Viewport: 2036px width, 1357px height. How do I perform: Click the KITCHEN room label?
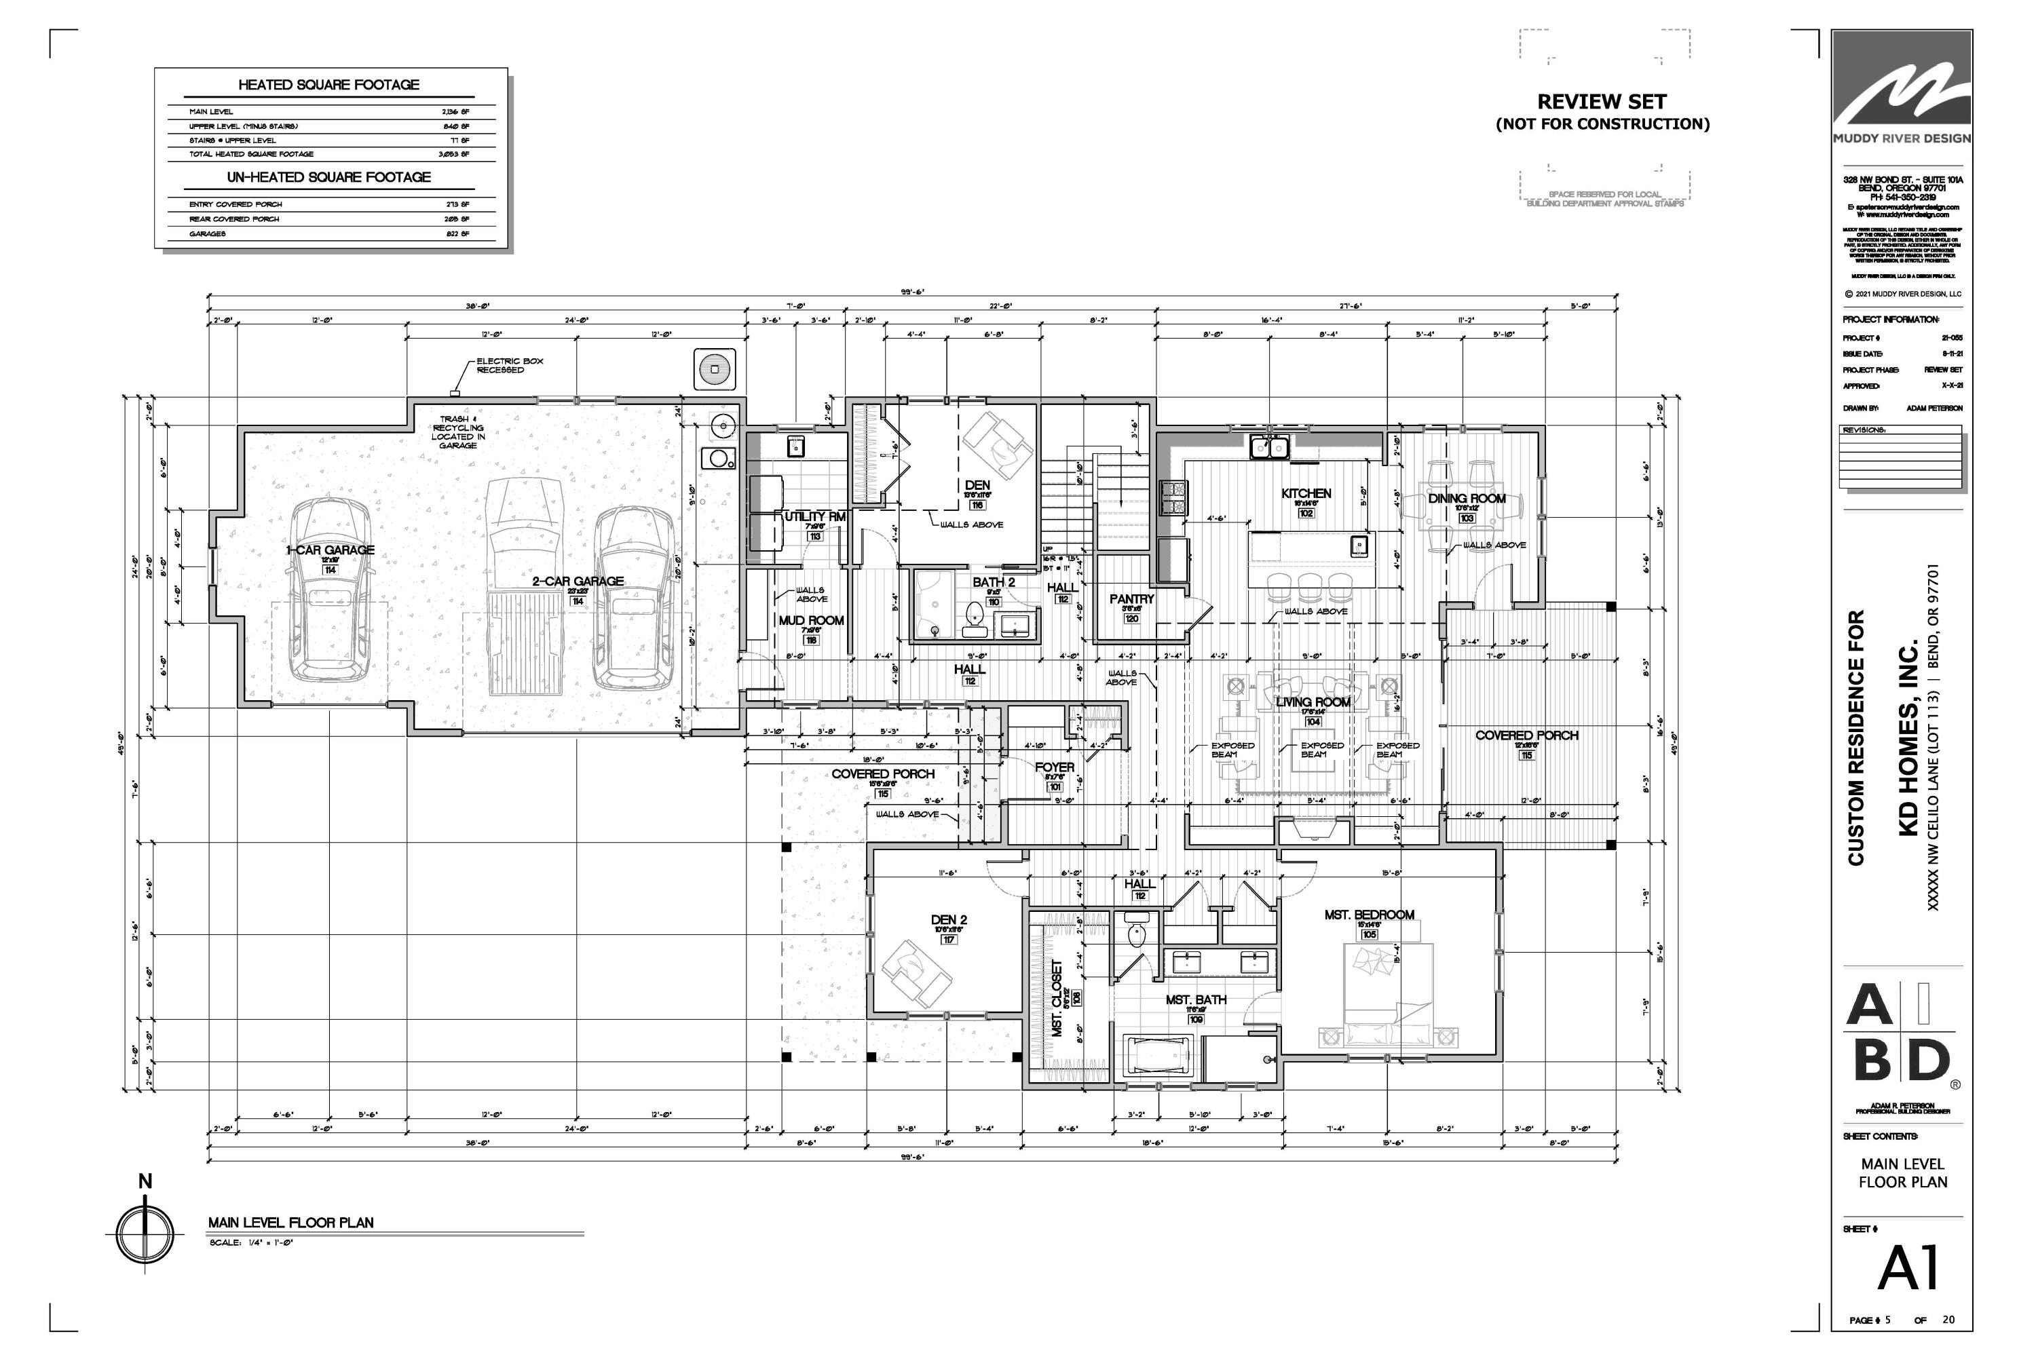(x=1305, y=493)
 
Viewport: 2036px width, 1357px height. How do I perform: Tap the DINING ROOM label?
(x=1467, y=499)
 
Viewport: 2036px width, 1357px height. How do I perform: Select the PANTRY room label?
(x=1131, y=599)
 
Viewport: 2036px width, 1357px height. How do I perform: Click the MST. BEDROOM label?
(x=1369, y=915)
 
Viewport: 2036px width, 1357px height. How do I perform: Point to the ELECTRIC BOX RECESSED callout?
(x=509, y=365)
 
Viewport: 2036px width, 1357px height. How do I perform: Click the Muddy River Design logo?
(x=1901, y=95)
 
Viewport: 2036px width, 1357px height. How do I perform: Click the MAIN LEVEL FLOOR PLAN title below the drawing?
(x=291, y=1222)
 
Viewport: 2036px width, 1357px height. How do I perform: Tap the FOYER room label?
(x=1055, y=767)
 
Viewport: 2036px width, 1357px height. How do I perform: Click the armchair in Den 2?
(x=915, y=974)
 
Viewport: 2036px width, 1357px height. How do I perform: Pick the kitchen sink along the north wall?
(x=1269, y=447)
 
